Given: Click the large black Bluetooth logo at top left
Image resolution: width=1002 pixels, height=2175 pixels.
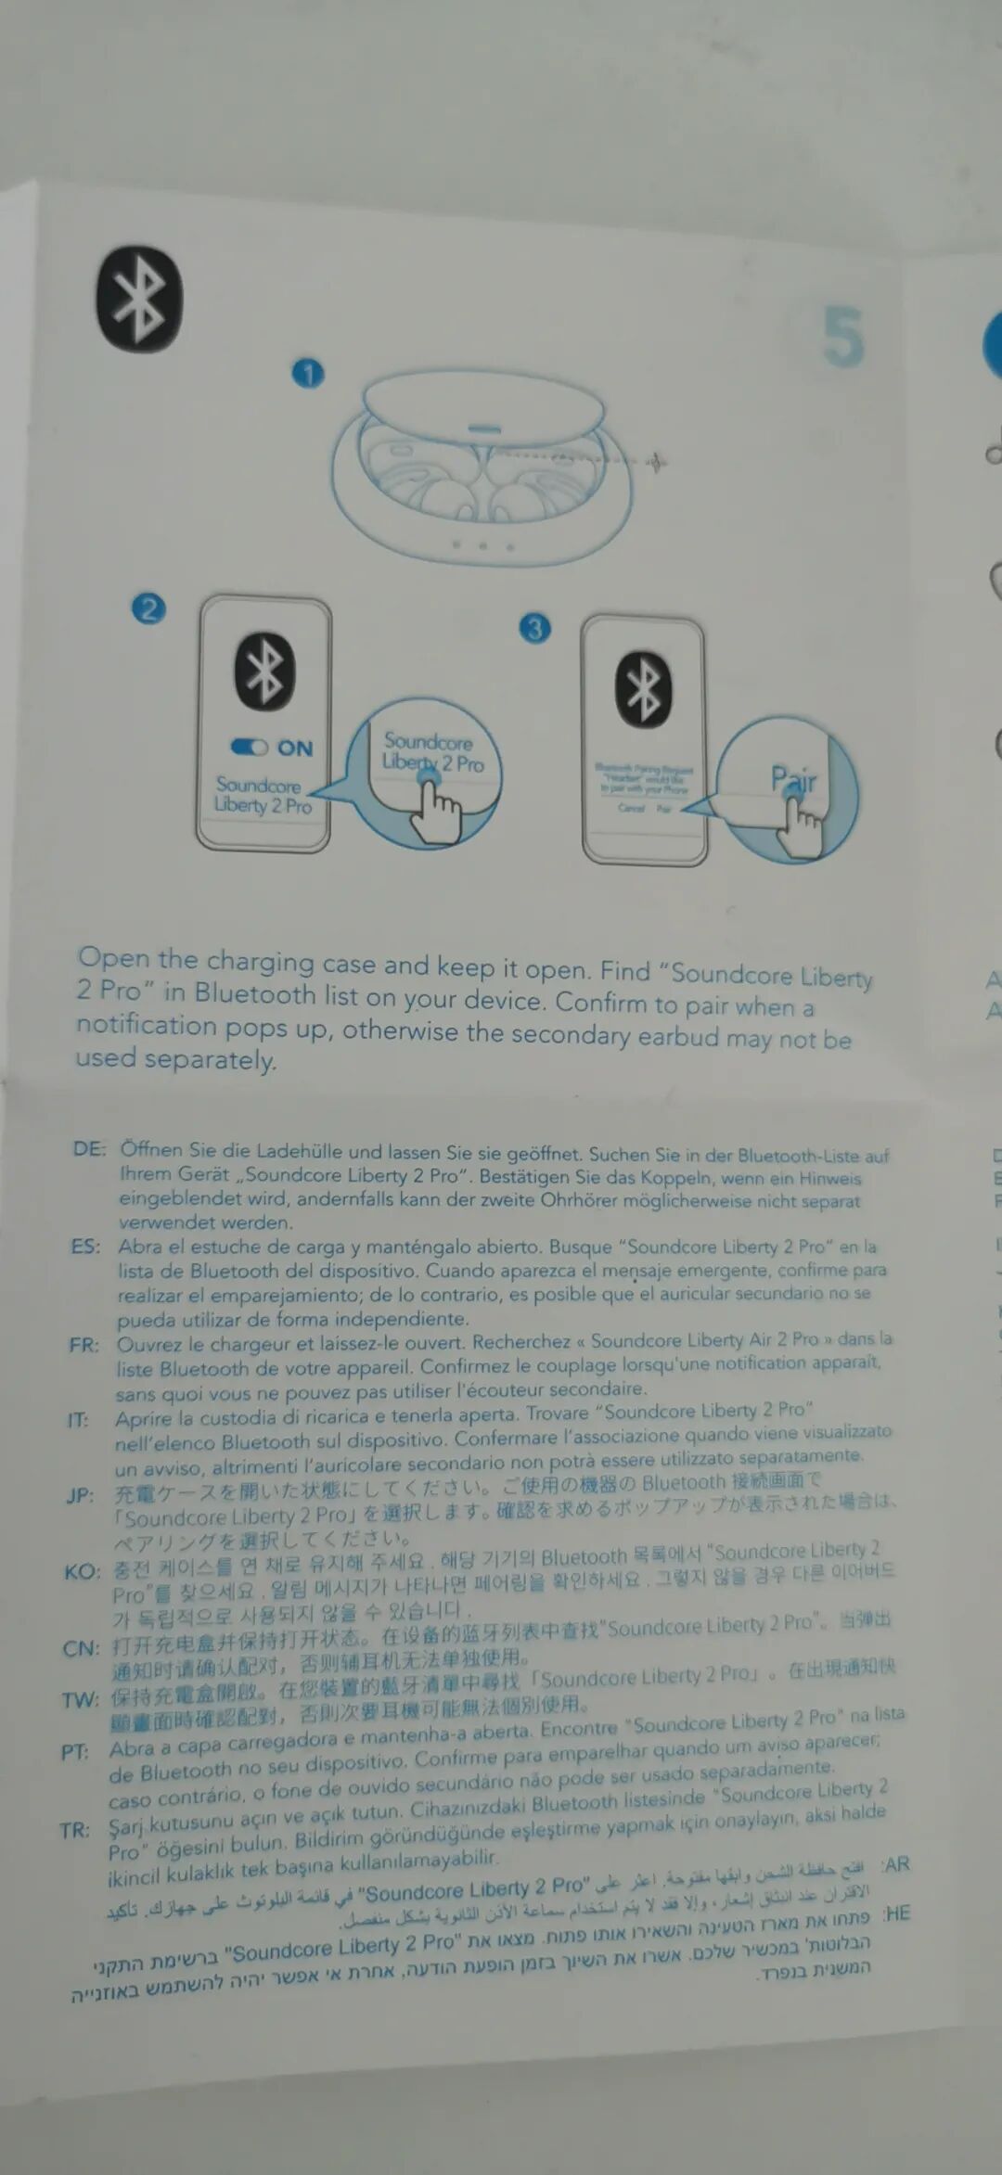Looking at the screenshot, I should click(139, 299).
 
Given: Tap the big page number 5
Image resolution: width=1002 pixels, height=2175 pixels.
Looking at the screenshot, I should click(842, 338).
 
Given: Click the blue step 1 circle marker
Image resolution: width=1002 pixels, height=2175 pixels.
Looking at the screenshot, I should click(308, 374).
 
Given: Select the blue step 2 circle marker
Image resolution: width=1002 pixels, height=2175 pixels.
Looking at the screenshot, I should click(148, 609).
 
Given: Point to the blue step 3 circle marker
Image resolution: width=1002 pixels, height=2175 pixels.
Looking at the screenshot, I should click(534, 629).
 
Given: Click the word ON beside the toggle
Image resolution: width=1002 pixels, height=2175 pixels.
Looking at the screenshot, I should click(295, 748).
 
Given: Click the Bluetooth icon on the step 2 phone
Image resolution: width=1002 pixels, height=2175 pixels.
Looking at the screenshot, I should click(264, 672).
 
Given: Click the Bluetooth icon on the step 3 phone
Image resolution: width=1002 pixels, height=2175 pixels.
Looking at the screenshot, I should click(644, 689).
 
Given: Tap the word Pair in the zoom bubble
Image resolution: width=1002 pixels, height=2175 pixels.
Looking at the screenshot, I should click(793, 779).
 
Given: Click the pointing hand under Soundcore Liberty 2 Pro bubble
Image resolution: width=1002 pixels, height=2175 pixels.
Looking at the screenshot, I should click(435, 812).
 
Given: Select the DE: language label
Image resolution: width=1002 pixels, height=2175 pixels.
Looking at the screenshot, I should click(89, 1149).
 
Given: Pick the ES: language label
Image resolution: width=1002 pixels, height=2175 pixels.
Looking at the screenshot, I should click(85, 1246).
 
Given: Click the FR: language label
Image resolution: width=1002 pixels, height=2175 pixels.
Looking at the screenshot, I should click(83, 1345).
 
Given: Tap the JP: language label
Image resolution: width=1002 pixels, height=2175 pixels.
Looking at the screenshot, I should click(80, 1495).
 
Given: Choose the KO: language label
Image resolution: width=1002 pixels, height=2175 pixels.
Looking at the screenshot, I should click(82, 1571).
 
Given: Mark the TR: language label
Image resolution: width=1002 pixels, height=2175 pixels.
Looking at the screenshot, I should click(74, 1830).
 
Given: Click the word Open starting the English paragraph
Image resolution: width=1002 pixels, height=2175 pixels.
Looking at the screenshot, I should click(113, 957).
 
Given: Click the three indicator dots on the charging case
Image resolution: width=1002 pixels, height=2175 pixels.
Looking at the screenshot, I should click(482, 545).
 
